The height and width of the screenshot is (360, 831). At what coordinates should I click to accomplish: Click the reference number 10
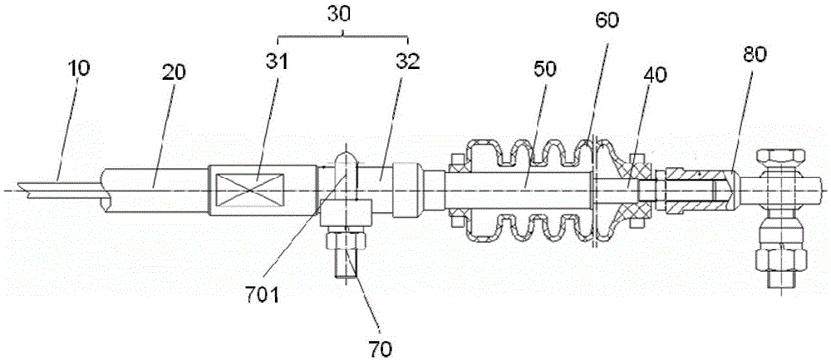(79, 67)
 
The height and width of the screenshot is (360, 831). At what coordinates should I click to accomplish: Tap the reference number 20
(175, 71)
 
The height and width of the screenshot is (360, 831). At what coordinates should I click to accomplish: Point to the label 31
(276, 62)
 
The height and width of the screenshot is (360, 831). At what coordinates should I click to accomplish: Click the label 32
(407, 62)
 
